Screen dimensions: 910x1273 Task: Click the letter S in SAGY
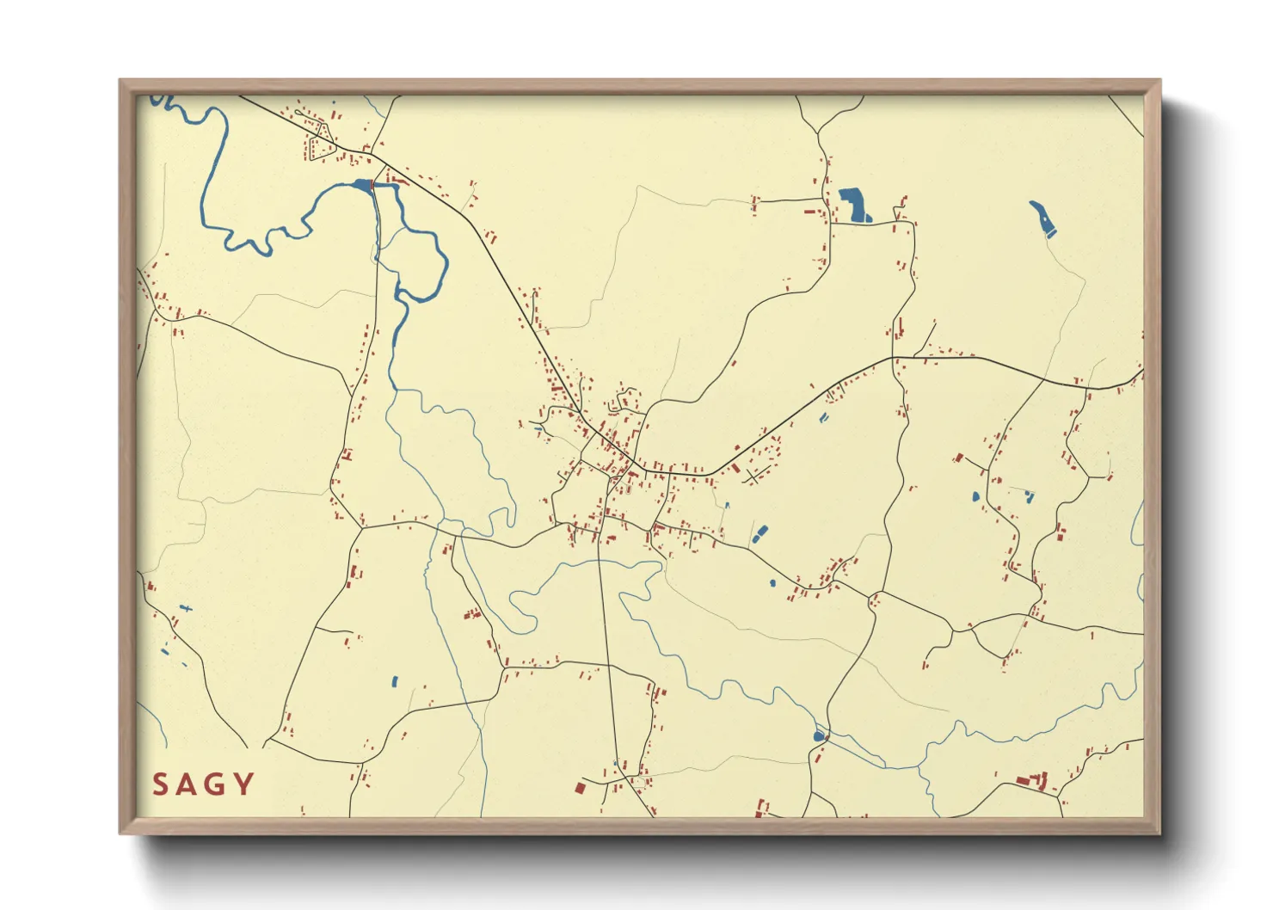tap(160, 784)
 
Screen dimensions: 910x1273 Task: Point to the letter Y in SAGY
tap(244, 784)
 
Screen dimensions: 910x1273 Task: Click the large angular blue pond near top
tap(853, 206)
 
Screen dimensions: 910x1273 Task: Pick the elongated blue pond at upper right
tap(1042, 218)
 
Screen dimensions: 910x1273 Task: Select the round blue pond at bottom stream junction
tap(818, 736)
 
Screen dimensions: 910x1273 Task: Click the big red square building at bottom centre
tap(581, 787)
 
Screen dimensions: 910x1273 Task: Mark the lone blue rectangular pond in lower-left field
tap(395, 682)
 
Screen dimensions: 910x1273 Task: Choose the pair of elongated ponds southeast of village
tap(760, 534)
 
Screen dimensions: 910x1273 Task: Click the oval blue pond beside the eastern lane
tap(975, 496)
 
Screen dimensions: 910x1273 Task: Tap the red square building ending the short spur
tap(958, 458)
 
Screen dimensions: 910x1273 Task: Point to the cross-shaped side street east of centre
tap(753, 475)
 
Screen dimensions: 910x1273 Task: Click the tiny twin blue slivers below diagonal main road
tap(824, 418)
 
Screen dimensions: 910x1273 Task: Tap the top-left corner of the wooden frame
tap(120, 80)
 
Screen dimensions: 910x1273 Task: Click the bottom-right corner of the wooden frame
tap(1159, 833)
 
